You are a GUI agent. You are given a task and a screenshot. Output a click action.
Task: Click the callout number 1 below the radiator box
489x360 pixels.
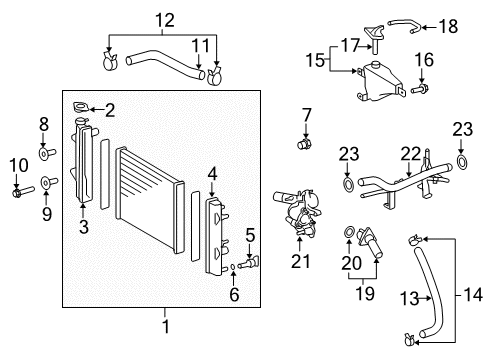(167, 326)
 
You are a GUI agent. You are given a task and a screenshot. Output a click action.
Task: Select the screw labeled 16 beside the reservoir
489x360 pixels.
(418, 89)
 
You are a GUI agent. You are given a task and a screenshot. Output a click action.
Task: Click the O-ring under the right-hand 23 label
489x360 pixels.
(462, 161)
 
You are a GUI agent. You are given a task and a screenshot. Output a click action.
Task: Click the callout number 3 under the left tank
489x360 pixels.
(84, 227)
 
